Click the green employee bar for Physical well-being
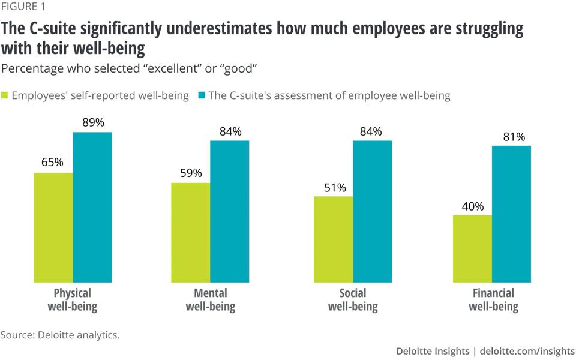(53, 227)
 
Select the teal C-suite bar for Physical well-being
(92, 207)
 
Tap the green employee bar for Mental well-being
(191, 232)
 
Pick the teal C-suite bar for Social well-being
(372, 211)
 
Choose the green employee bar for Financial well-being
(472, 248)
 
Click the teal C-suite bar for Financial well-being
(511, 214)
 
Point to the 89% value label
(92, 123)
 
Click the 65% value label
(52, 163)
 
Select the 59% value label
(190, 173)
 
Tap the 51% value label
(334, 188)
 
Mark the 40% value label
(472, 206)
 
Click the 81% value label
(512, 137)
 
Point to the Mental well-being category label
(211, 300)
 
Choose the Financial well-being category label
(493, 300)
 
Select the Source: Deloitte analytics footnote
(60, 335)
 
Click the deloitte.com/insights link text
(527, 351)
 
